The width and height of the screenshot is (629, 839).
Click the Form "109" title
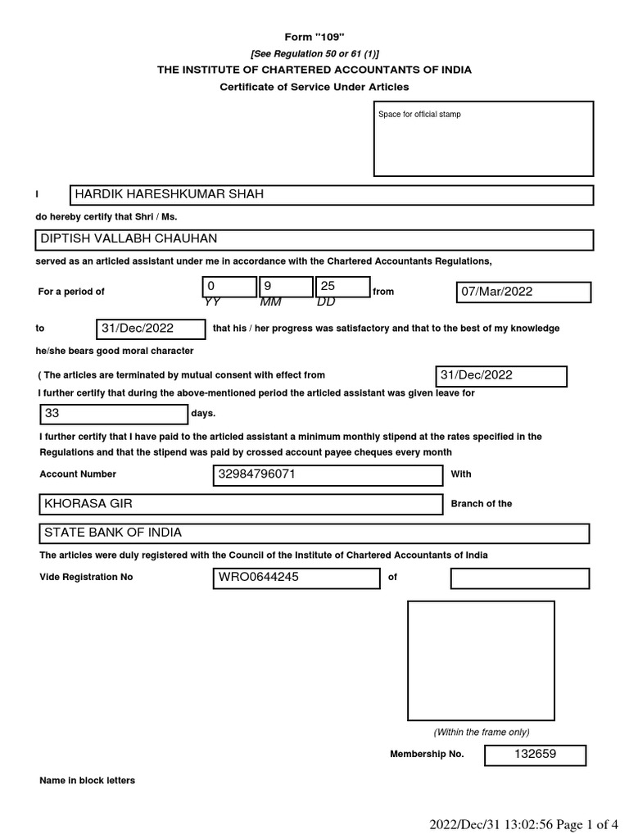(x=314, y=38)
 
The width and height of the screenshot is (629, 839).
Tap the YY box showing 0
(x=229, y=287)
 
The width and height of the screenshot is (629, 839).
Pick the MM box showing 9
(x=286, y=287)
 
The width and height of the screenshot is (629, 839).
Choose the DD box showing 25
(x=342, y=287)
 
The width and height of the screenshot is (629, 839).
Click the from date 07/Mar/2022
(x=523, y=292)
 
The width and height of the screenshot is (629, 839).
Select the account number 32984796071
(x=327, y=475)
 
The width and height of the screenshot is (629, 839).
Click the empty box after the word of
(x=519, y=578)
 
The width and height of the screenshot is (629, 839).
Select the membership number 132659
(x=534, y=755)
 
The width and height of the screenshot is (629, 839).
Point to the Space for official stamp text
(x=419, y=115)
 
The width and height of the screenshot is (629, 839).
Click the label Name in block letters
(x=88, y=781)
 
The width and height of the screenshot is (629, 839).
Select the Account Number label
(x=79, y=474)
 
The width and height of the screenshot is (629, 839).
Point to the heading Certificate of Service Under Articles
(x=314, y=87)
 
